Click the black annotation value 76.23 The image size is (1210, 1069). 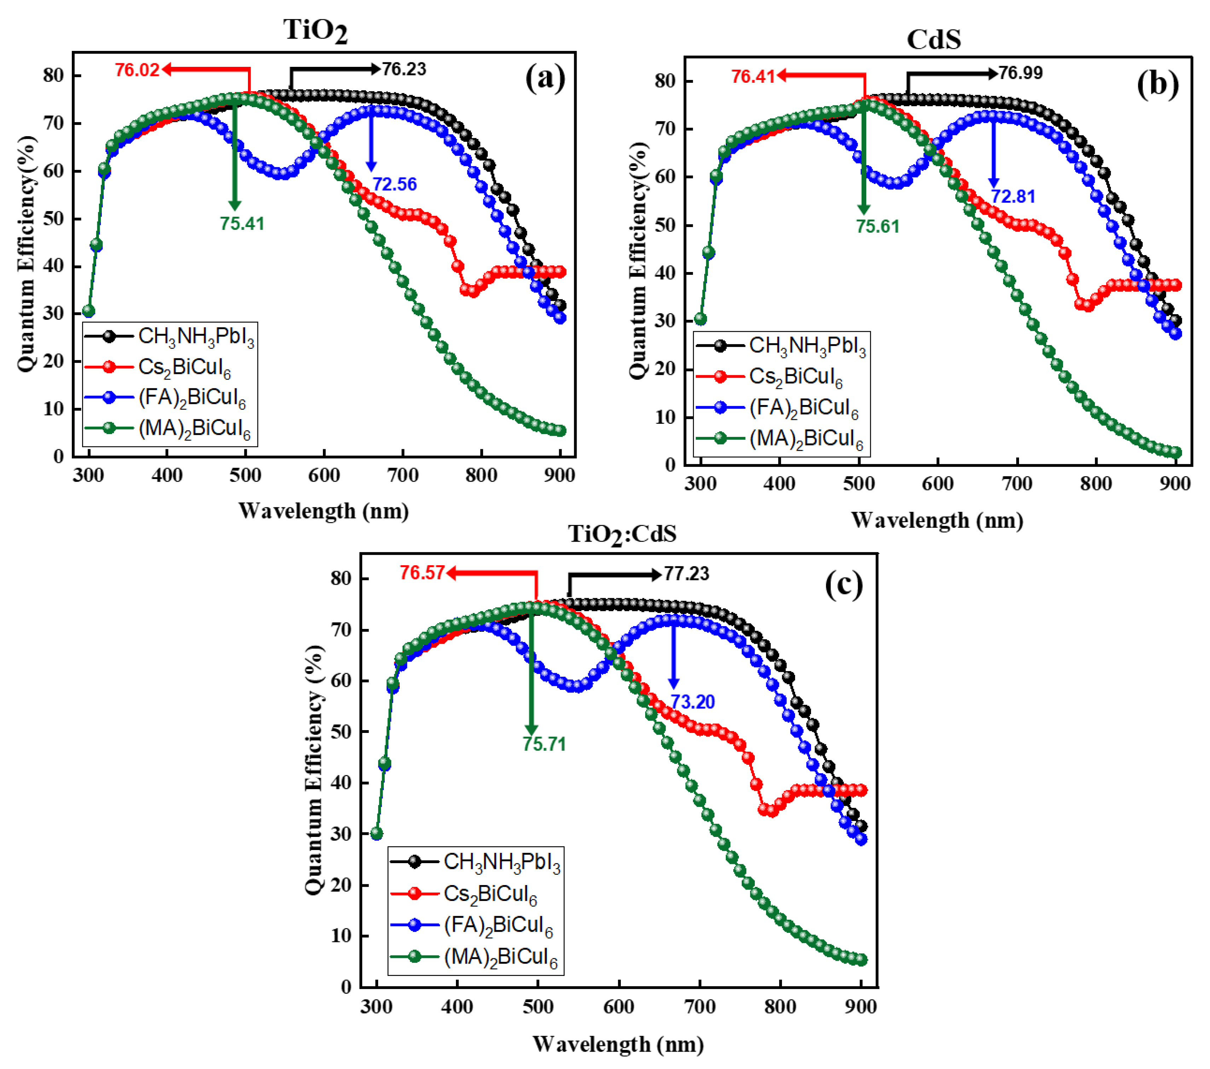point(404,69)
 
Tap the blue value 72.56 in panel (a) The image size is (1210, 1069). point(394,184)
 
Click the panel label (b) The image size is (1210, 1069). point(1157,84)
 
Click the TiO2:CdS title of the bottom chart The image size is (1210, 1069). point(621,534)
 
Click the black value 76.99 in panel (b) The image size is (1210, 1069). point(1020,73)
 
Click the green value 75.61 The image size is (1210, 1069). point(877,226)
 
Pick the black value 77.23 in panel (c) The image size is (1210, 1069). point(686,573)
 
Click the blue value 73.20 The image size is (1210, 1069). point(692,702)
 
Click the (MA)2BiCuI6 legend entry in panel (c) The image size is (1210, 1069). point(500,957)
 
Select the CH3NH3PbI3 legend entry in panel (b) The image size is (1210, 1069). point(807,346)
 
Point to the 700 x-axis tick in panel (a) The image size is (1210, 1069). point(403,475)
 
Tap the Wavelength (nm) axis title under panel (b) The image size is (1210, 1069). point(937,520)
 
